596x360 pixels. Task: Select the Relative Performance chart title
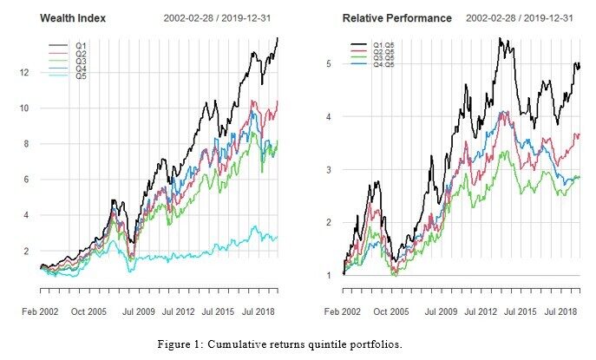(x=396, y=18)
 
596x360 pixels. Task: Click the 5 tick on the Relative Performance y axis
(x=329, y=63)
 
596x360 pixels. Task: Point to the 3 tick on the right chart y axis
(x=329, y=170)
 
